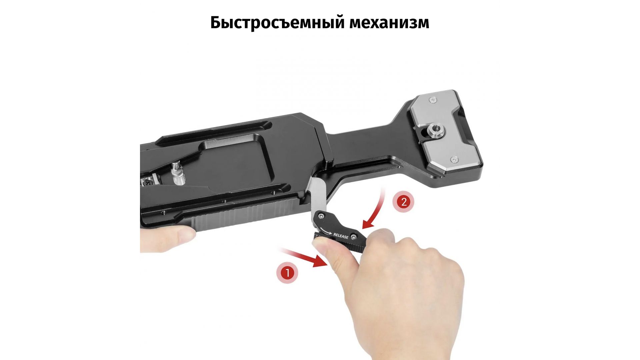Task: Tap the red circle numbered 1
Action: pyautogui.click(x=287, y=273)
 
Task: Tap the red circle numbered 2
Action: pyautogui.click(x=404, y=202)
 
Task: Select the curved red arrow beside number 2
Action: pyautogui.click(x=376, y=209)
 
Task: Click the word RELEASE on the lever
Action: pyautogui.click(x=341, y=236)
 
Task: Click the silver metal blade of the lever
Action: pyautogui.click(x=319, y=195)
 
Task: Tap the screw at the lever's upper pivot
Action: pyautogui.click(x=321, y=216)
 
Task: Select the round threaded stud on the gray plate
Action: pyautogui.click(x=435, y=128)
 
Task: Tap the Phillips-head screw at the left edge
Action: pyautogui.click(x=148, y=182)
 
